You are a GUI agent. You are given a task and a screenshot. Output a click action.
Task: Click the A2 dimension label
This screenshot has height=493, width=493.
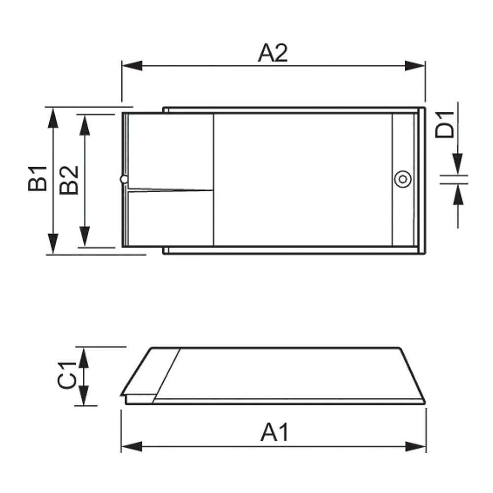coord(273,53)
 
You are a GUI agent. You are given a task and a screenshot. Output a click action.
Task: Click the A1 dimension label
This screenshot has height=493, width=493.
coord(275,433)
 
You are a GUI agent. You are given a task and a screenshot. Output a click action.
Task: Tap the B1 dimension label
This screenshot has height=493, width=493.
coord(38,178)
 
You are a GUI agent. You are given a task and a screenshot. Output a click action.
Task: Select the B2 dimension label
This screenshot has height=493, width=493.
coord(69,180)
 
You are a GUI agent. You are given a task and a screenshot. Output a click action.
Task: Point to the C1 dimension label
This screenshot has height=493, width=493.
coord(67,375)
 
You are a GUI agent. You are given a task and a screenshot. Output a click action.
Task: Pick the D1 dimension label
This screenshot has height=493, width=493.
coord(445,125)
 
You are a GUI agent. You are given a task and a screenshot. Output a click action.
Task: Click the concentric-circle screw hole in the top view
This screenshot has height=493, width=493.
coord(403,179)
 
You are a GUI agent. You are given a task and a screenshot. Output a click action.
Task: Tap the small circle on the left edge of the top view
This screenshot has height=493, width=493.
coord(124,179)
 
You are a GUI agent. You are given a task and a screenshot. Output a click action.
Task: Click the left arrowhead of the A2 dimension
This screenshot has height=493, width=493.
coord(132,66)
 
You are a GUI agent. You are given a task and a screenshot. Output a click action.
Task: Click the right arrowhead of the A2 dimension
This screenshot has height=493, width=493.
coord(415,66)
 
